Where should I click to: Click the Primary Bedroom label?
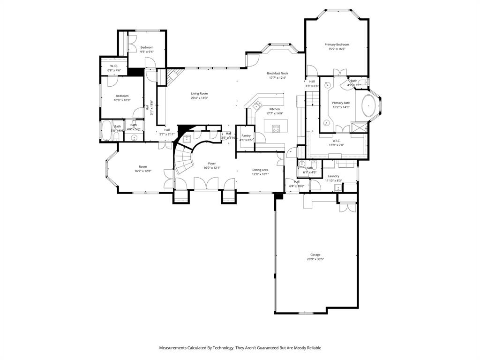pos(337,45)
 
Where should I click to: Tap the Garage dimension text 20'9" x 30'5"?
pos(315,259)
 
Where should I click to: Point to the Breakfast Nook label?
pos(277,73)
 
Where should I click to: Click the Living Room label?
pos(199,93)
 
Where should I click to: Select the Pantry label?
pos(246,135)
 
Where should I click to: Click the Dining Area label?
pos(260,170)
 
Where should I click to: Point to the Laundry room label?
pos(333,176)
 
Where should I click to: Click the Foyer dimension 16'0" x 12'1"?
pos(212,167)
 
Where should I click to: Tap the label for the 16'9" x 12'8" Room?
pos(142,166)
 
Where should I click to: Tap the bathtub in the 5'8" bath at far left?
pos(105,131)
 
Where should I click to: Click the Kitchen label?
pos(274,109)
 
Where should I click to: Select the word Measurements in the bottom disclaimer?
pos(173,348)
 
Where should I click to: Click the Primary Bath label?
pos(341,103)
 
